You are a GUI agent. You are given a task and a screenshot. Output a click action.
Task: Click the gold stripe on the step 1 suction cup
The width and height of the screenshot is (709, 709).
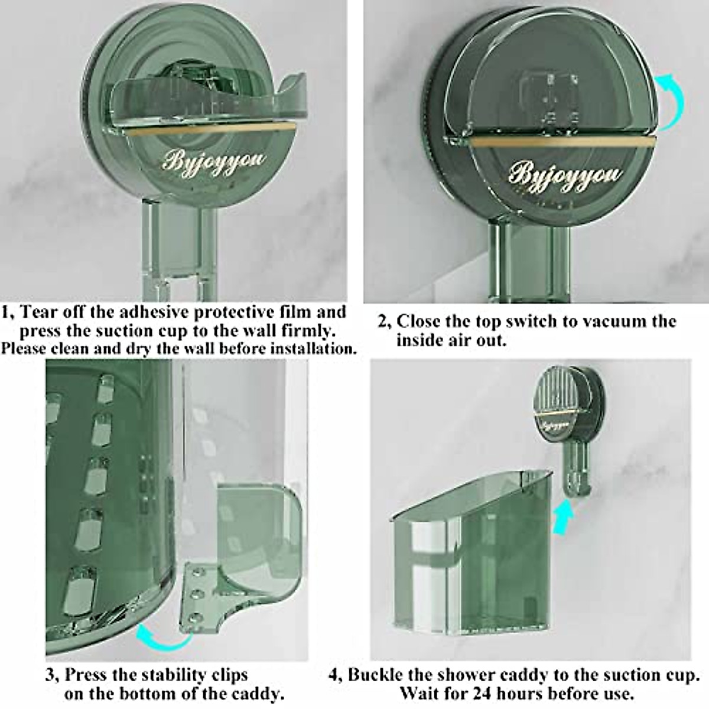point(219,127)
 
